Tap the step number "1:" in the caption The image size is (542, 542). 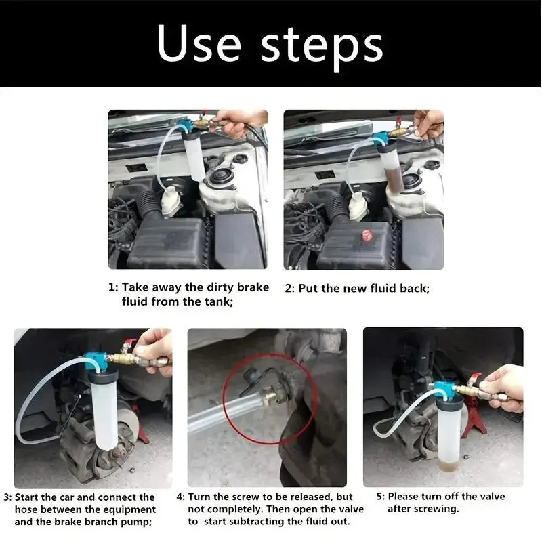(113, 287)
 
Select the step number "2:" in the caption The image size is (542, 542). (289, 288)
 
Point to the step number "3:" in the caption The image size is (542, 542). (7, 497)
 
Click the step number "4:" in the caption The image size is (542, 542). (181, 497)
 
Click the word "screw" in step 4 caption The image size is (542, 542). (234, 497)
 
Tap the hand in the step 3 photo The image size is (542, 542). (155, 349)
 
